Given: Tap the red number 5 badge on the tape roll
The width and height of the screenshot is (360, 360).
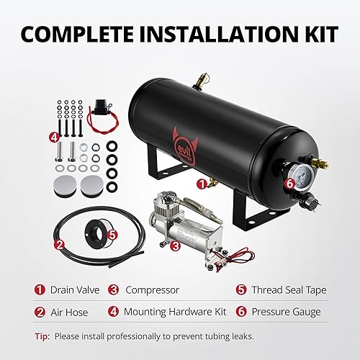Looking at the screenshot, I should (x=111, y=233).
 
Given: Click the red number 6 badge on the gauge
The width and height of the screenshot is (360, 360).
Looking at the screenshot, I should (x=289, y=184).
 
